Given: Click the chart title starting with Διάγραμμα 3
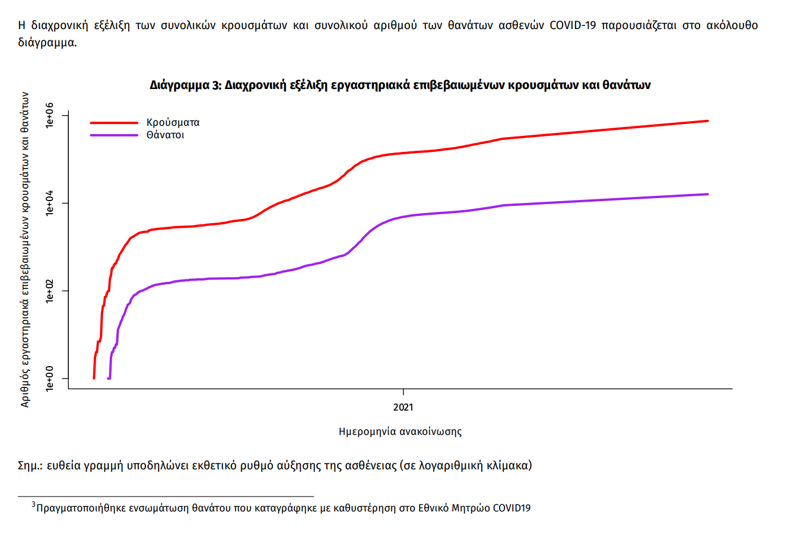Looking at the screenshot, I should pyautogui.click(x=400, y=85).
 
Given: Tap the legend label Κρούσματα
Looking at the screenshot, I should pyautogui.click(x=173, y=123).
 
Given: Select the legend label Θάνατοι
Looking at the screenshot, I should pyautogui.click(x=165, y=135).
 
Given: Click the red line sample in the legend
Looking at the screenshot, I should pyautogui.click(x=114, y=123).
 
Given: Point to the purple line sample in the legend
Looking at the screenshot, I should pyautogui.click(x=114, y=135).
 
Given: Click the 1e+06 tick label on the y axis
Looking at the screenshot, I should pyautogui.click(x=50, y=115).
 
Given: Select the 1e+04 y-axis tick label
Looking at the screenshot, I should pyautogui.click(x=50, y=203).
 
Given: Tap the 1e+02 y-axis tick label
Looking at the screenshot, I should pyautogui.click(x=50, y=291).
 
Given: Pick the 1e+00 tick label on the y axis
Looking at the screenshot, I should pyautogui.click(x=50, y=379).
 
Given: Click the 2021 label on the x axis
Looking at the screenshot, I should pyautogui.click(x=403, y=407).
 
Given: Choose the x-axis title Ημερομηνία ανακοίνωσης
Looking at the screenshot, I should pyautogui.click(x=400, y=431).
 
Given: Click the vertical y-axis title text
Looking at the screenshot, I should pyautogui.click(x=25, y=249).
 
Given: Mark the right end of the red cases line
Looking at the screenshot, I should pyautogui.click(x=707, y=121).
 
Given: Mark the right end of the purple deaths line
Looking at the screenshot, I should pyautogui.click(x=707, y=194).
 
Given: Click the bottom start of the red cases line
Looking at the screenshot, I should pyautogui.click(x=94, y=378).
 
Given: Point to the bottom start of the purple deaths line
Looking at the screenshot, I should pyautogui.click(x=108, y=378).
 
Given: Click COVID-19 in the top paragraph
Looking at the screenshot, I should pyautogui.click(x=573, y=26).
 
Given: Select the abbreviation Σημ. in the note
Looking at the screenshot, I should pyautogui.click(x=30, y=465).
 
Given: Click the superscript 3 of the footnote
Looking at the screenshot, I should pyautogui.click(x=34, y=505).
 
